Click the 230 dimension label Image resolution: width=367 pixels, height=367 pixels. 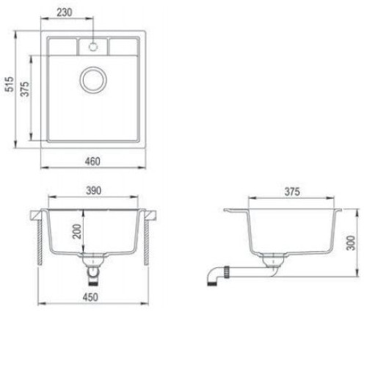click(65, 12)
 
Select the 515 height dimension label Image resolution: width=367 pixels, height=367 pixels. click(10, 84)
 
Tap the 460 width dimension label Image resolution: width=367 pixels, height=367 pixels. click(92, 161)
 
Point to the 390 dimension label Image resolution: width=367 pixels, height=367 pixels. click(93, 191)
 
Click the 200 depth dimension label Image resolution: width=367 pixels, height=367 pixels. click(77, 231)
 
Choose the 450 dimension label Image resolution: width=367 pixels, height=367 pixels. click(90, 297)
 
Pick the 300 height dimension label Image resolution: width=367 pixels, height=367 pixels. click(351, 243)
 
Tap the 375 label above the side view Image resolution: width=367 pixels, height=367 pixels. click(292, 192)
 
